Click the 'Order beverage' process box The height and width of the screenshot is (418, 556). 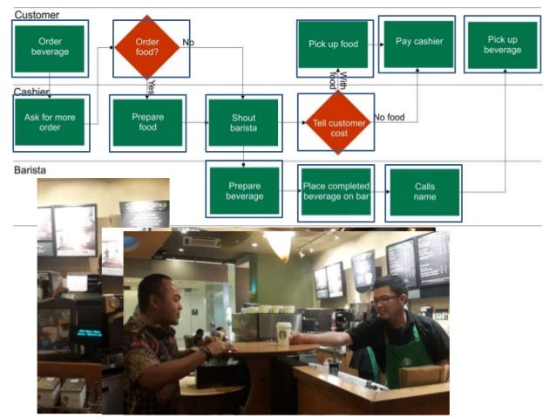point(49,47)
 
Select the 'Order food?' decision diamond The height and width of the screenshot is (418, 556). point(147,46)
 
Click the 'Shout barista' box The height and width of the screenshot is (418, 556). point(244,123)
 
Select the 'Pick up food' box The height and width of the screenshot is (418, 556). point(333,45)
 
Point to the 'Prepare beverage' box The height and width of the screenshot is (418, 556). point(244,190)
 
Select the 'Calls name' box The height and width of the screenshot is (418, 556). point(424,191)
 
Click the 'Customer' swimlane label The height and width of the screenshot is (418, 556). point(37,15)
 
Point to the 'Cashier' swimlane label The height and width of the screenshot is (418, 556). point(31,92)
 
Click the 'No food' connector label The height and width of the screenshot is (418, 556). point(390,117)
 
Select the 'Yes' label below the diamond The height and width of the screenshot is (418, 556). point(152,86)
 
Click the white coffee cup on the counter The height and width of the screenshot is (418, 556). point(283,333)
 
